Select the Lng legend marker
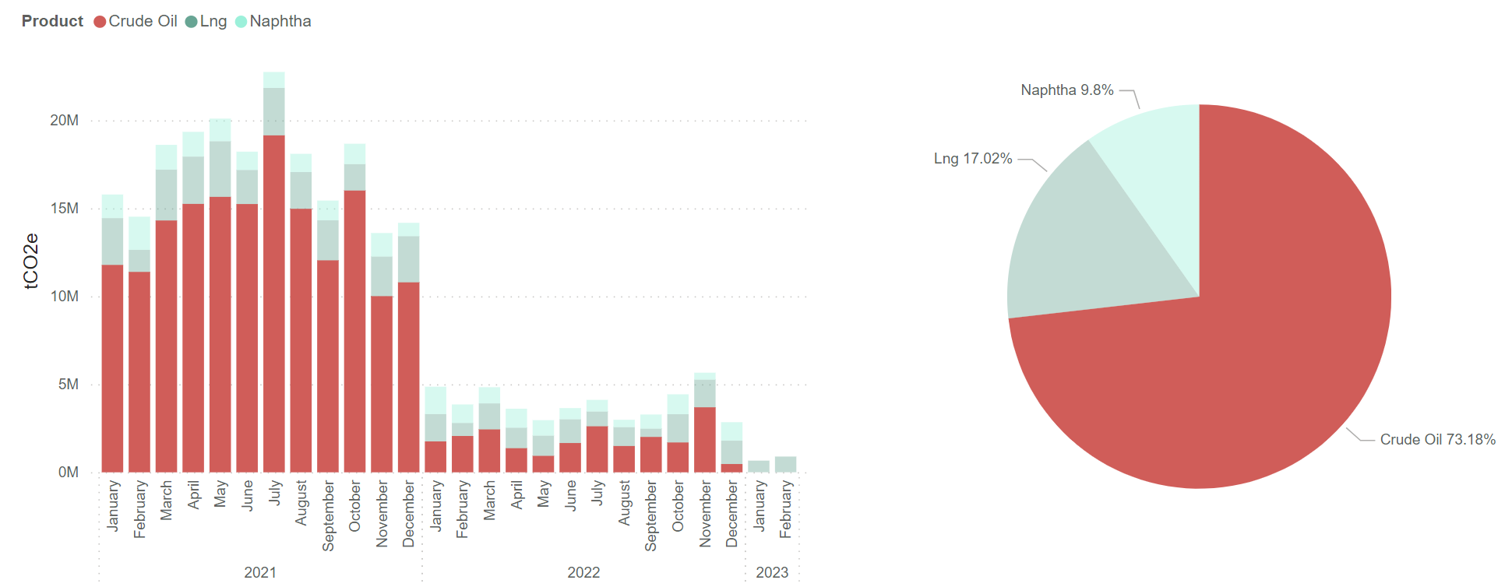click(x=191, y=22)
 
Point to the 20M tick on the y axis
click(x=64, y=121)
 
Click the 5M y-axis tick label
click(x=68, y=385)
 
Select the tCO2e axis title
click(x=31, y=262)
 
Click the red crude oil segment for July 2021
click(x=274, y=304)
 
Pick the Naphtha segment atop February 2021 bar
click(x=139, y=233)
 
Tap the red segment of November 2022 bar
click(x=705, y=440)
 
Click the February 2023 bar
click(x=785, y=465)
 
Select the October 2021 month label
click(x=355, y=506)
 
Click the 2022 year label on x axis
click(x=583, y=572)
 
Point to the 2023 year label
click(x=772, y=572)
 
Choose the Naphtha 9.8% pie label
click(x=1066, y=90)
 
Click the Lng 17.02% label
click(x=973, y=159)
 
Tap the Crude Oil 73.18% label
click(x=1437, y=440)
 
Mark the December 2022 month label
click(x=732, y=514)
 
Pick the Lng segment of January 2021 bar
click(x=113, y=241)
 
